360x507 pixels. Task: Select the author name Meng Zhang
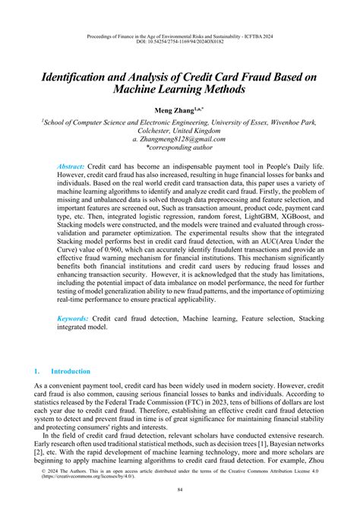176,109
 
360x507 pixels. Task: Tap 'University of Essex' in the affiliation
235,120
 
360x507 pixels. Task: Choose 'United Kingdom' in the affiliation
204,130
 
